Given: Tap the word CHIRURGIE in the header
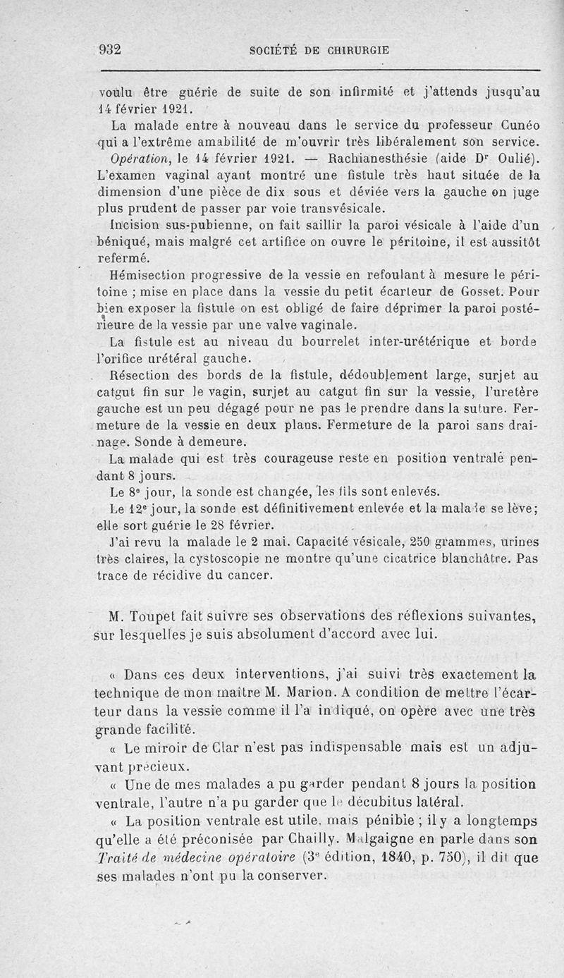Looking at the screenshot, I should pyautogui.click(x=355, y=50).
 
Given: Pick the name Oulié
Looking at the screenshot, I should pyautogui.click(x=514, y=157).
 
